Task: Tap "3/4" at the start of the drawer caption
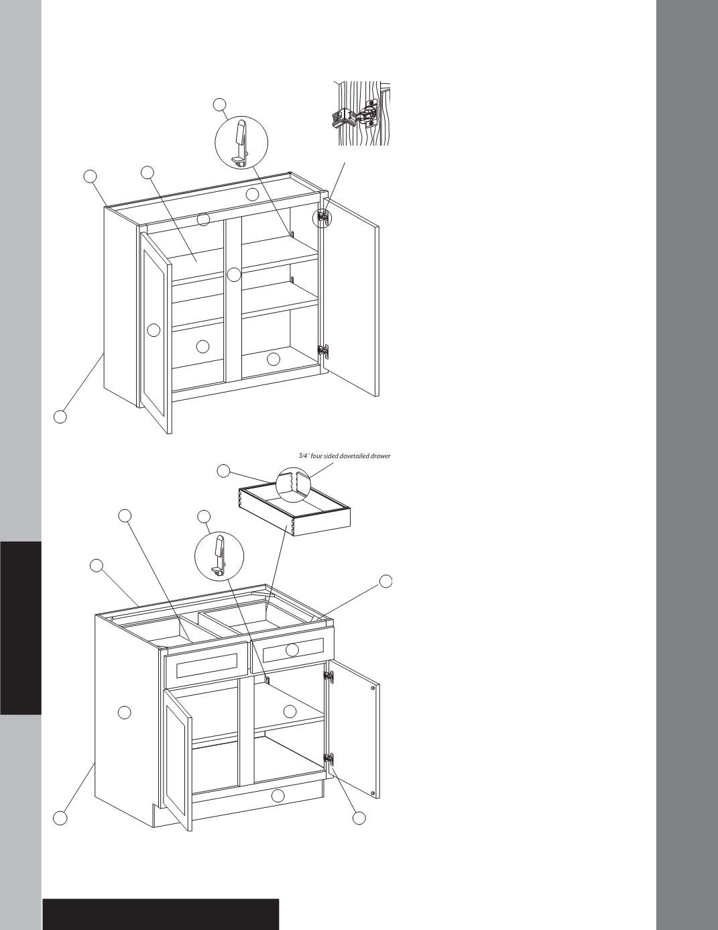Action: point(304,456)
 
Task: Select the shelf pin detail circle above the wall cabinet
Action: point(241,142)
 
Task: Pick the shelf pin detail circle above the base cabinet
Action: point(219,556)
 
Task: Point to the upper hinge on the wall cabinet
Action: point(323,217)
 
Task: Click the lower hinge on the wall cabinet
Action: point(323,351)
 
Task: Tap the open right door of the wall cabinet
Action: point(351,297)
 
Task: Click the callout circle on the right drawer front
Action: point(292,650)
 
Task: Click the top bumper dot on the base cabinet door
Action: point(373,688)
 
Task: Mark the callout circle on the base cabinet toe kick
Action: point(278,796)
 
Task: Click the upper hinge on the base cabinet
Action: point(328,676)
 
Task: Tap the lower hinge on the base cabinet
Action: point(328,760)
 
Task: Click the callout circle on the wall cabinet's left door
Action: point(154,330)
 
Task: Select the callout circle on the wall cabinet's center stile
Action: point(234,274)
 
